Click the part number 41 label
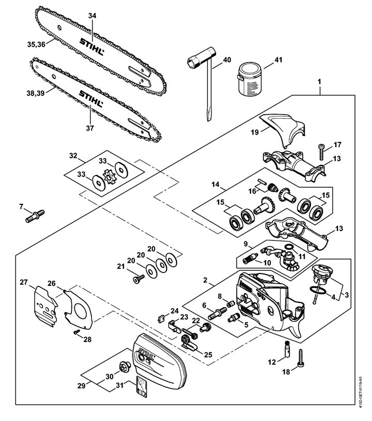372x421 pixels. tap(278, 59)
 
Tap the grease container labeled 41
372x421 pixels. tap(250, 79)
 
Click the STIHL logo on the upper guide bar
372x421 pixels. tap(91, 46)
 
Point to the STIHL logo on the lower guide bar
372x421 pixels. tap(91, 99)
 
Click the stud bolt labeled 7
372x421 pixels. tap(35, 216)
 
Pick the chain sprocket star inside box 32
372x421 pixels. tap(110, 176)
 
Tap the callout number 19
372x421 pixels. tap(255, 132)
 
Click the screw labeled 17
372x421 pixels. tap(321, 152)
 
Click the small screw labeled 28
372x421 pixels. tap(76, 332)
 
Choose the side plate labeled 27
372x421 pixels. tap(46, 306)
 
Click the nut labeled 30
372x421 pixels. tap(125, 367)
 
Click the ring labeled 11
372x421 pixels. tap(289, 247)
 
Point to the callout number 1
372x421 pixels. tap(319, 82)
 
